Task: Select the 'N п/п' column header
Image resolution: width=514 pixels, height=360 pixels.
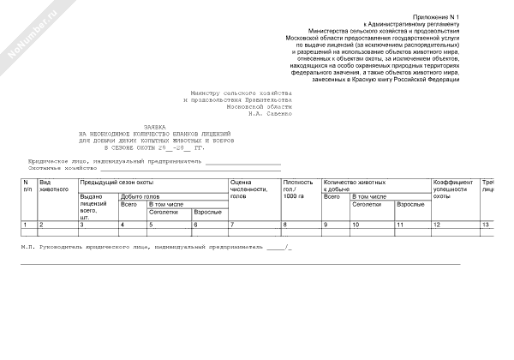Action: (27, 186)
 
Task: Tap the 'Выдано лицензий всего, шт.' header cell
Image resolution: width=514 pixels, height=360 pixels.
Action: (95, 206)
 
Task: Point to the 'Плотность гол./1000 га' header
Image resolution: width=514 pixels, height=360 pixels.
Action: (298, 189)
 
